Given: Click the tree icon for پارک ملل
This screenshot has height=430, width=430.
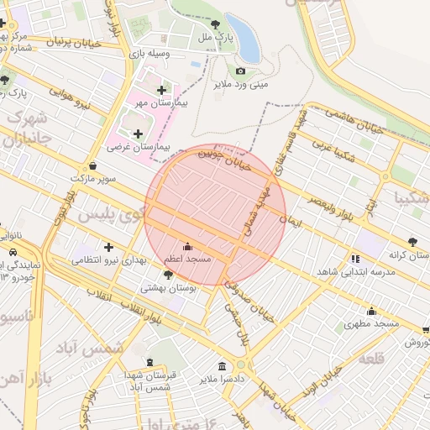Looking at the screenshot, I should point(217,24).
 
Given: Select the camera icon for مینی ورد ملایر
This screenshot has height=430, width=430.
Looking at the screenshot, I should point(240,71).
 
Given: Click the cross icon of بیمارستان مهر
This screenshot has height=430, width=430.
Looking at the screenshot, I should point(161,89).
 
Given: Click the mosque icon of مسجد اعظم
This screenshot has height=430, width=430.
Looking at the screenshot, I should point(186,247).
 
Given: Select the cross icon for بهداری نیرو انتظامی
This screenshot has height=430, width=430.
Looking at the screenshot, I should point(108,247).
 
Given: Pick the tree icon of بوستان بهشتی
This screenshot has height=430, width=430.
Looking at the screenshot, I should point(168,275).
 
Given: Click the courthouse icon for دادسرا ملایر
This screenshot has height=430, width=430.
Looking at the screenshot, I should point(222,366).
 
